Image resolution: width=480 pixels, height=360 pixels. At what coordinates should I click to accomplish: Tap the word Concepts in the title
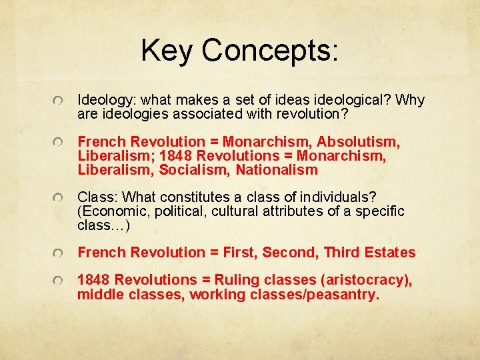tap(270, 51)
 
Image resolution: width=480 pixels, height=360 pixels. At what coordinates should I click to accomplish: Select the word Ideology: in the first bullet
tap(107, 101)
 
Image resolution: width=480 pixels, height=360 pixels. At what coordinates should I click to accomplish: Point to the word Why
tap(410, 100)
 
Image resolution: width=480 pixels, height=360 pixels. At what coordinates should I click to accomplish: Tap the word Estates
tap(390, 253)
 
